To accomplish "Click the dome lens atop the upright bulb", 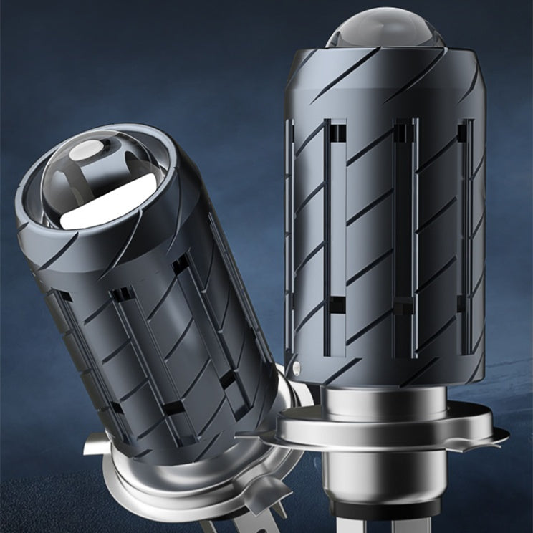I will pos(384,28).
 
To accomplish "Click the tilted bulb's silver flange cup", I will pos(193,487).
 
